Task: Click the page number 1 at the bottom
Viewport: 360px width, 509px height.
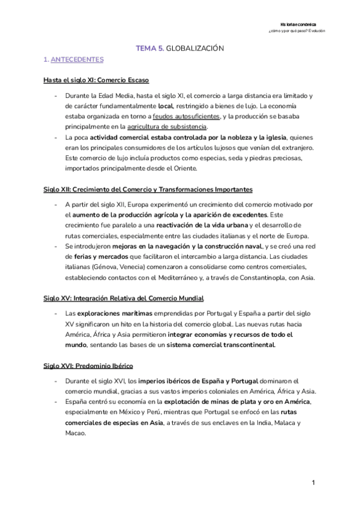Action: (313, 483)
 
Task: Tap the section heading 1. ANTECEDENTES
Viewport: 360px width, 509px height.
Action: (73, 60)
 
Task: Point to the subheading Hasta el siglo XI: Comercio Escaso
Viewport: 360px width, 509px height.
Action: (96, 80)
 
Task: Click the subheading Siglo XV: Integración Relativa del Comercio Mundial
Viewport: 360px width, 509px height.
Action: (124, 298)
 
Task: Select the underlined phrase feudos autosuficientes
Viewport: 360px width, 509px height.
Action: (187, 116)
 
